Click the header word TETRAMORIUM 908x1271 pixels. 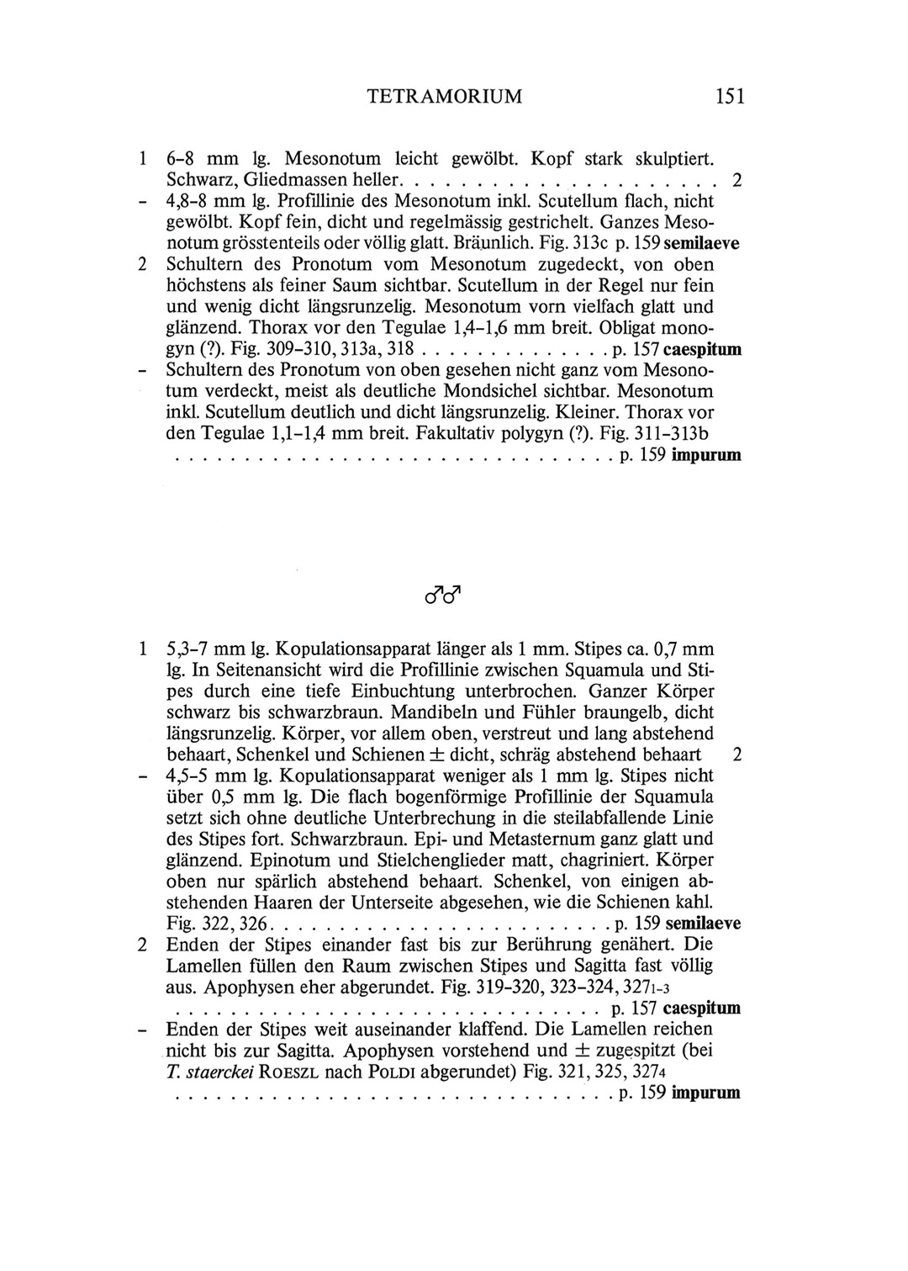[x=445, y=97]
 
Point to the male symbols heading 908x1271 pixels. [x=445, y=596]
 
